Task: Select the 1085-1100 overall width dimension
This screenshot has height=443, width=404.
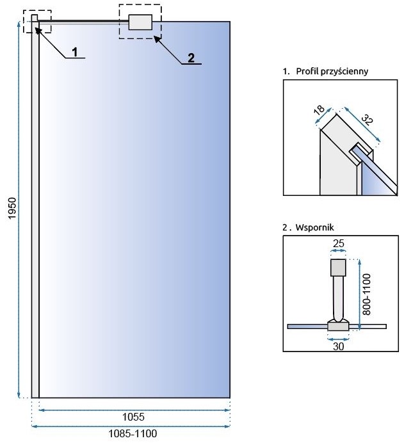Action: point(132,433)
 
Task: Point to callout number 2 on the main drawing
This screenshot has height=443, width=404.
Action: point(190,58)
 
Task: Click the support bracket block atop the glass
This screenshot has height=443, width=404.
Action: point(140,22)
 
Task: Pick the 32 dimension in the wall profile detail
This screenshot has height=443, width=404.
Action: point(366,119)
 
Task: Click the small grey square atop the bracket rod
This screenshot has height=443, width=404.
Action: point(338,266)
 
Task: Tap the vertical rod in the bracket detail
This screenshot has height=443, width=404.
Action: point(337,298)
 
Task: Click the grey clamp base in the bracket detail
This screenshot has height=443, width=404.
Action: point(338,326)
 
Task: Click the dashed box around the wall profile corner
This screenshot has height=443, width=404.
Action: point(36,20)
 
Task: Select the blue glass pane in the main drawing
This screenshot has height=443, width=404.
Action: point(134,211)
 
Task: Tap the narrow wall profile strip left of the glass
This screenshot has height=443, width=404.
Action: point(35,211)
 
